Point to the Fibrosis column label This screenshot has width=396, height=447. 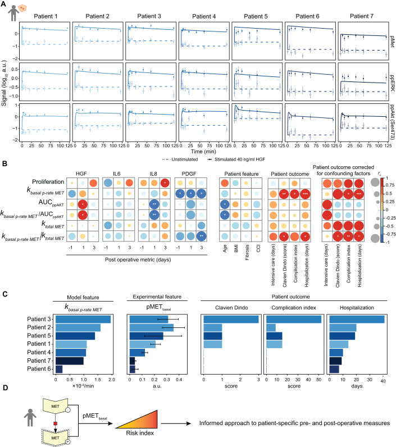[243, 269]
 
